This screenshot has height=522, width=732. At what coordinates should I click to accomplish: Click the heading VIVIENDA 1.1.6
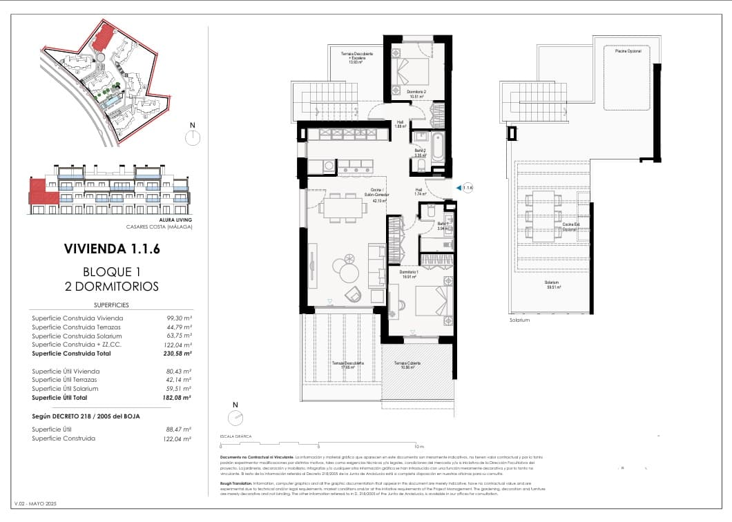[x=111, y=249]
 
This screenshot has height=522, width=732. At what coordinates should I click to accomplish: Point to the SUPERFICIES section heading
[x=111, y=304]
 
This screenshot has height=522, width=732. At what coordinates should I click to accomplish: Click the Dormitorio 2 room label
[x=416, y=93]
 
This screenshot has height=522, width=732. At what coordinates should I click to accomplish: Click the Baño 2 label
[x=419, y=153]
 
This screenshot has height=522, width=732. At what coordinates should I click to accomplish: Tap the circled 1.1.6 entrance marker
[x=468, y=187]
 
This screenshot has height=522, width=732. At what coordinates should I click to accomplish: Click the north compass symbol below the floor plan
[x=235, y=417]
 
